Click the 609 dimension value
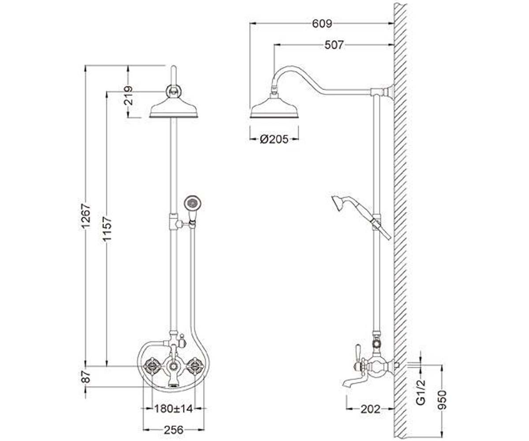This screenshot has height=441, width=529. pos(322,24)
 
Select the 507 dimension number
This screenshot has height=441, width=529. pos(334,45)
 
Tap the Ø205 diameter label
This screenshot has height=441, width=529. pos(274,139)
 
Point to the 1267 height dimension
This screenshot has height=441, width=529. pos(86,216)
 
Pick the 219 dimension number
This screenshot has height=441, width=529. pos(128,96)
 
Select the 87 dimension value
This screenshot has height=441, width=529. pos(86,377)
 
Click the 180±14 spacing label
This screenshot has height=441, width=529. pos(174,408)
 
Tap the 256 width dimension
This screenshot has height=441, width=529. pos(174,430)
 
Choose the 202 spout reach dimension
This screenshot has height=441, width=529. pos(370,409)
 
